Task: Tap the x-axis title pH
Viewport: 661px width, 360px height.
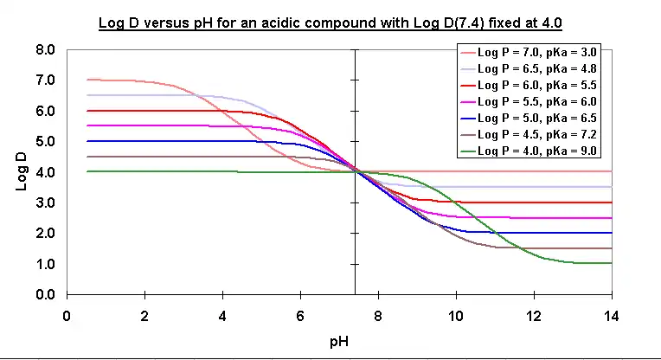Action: pyautogui.click(x=339, y=342)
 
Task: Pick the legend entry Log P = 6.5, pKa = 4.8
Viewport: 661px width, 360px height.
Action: pyautogui.click(x=536, y=67)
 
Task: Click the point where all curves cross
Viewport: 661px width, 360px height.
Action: pyautogui.click(x=355, y=171)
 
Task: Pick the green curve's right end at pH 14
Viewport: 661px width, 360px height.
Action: pyautogui.click(x=611, y=263)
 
